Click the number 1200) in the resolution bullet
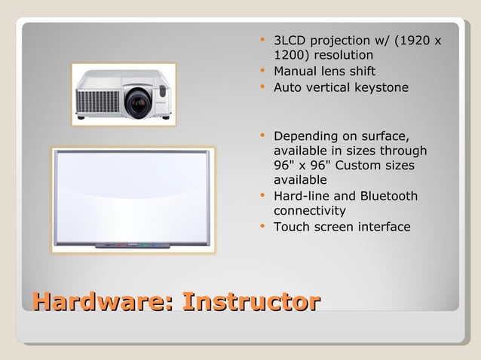point(292,55)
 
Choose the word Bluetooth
point(388,197)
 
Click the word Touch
point(290,227)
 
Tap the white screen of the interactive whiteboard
point(131,196)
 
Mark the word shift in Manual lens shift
point(360,72)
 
